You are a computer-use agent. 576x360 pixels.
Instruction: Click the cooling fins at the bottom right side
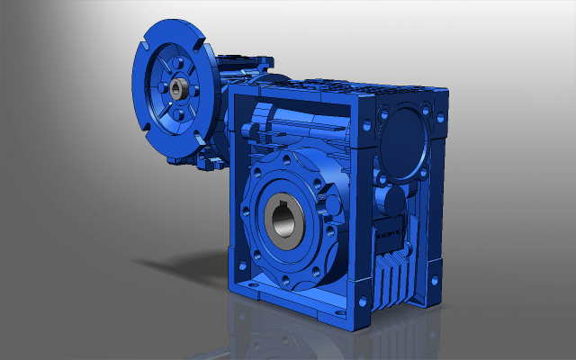coord(394,283)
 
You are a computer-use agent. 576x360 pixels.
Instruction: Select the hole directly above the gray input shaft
coord(176,63)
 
